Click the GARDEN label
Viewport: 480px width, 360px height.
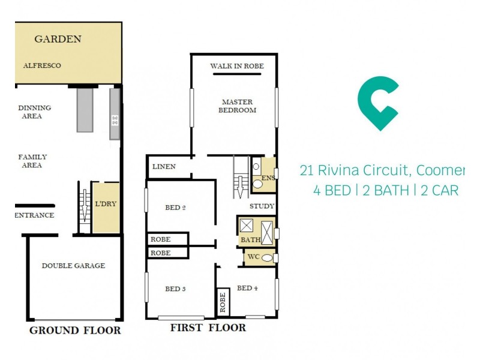coord(58,40)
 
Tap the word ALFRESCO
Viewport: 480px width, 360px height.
coord(42,65)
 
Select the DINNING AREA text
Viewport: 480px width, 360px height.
coord(35,112)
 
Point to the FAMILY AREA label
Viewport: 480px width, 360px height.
coord(32,161)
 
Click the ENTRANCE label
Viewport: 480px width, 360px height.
coord(34,215)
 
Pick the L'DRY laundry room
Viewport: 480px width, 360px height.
coord(106,205)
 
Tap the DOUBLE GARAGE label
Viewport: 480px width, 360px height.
coord(73,266)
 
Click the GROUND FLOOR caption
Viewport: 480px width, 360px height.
coord(75,331)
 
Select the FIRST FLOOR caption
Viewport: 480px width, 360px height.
coord(208,328)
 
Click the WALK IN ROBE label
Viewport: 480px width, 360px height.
coord(237,66)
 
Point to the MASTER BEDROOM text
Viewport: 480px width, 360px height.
coord(237,106)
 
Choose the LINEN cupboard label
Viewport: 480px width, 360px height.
coord(164,167)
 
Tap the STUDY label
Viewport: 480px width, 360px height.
coord(262,206)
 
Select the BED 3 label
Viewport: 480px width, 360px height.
coord(175,289)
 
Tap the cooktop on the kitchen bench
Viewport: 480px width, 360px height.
coord(115,121)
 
